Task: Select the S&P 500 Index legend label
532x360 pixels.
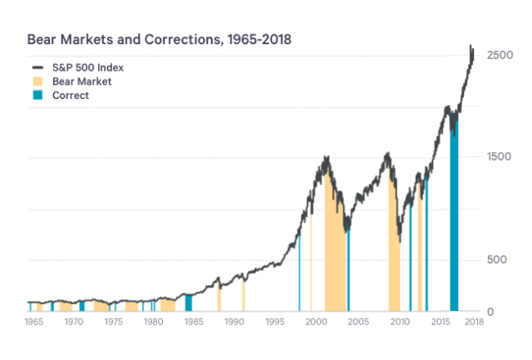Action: tap(87, 67)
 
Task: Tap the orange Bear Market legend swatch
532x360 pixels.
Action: tap(37, 81)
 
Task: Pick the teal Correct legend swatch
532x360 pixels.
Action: tap(37, 96)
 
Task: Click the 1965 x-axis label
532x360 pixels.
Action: tap(34, 321)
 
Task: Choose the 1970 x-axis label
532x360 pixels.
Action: tap(74, 321)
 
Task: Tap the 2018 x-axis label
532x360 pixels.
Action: tap(473, 321)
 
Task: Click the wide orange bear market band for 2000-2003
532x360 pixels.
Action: tap(335, 249)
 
